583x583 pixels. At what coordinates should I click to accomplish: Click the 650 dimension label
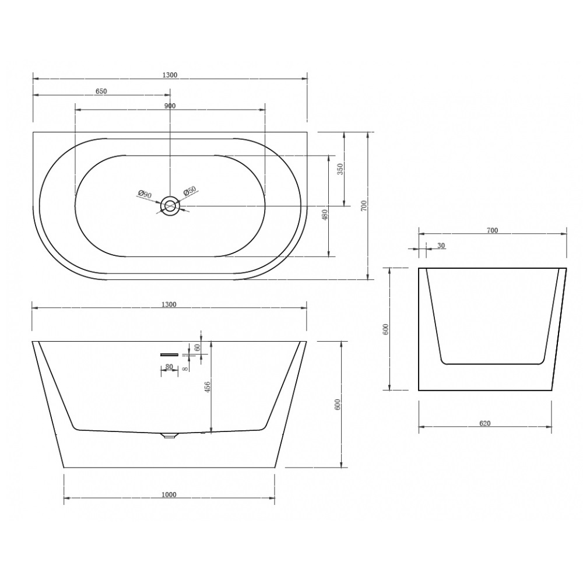(101, 91)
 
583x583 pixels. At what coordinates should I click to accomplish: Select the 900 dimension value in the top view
(170, 106)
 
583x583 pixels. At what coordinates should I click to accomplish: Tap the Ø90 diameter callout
(145, 194)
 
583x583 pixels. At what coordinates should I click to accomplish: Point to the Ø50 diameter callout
(189, 191)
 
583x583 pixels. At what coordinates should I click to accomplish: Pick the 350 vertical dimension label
(340, 169)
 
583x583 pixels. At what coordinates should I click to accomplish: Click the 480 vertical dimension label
(325, 215)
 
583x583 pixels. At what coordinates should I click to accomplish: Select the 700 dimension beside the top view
(364, 206)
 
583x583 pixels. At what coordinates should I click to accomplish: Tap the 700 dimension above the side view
(492, 230)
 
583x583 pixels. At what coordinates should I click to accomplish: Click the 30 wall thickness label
(441, 246)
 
